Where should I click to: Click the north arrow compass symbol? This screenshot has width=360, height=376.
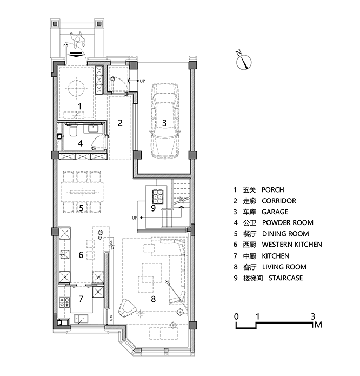(x=243, y=61)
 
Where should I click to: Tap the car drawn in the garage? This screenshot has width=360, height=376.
(x=164, y=121)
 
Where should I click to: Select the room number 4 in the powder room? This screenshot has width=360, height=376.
(x=80, y=143)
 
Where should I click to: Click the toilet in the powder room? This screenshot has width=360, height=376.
(x=73, y=130)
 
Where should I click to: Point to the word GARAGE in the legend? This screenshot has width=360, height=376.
(x=275, y=212)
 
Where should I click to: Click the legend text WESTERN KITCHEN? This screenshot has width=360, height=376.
(x=292, y=245)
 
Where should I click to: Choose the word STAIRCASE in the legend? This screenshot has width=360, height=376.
(x=285, y=278)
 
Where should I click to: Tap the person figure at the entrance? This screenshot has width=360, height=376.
(x=78, y=40)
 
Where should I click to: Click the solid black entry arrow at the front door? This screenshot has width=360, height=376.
(x=75, y=54)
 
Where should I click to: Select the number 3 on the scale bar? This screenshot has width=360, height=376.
(x=312, y=316)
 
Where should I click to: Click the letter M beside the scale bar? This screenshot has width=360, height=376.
(x=318, y=325)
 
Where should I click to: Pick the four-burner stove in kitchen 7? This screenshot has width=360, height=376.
(x=64, y=302)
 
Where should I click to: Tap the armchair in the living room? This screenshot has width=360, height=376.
(x=127, y=308)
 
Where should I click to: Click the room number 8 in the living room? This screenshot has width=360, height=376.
(x=154, y=299)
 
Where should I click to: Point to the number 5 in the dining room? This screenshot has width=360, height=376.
(x=81, y=208)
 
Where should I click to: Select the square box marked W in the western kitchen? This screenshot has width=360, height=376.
(x=98, y=277)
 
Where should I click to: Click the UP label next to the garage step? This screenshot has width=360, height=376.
(x=143, y=81)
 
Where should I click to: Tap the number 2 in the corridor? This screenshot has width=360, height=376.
(x=120, y=123)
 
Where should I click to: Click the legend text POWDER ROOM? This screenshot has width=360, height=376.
(x=288, y=222)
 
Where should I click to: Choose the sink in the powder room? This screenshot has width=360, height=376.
(x=93, y=129)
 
